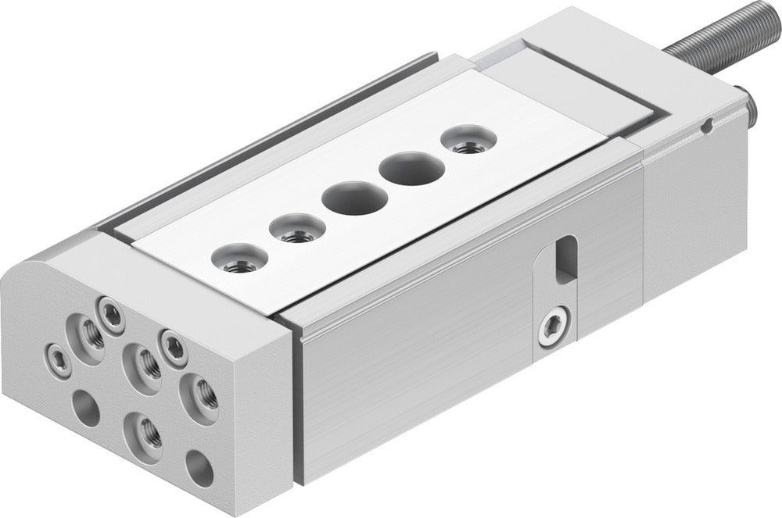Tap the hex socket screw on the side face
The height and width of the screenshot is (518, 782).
tap(553, 326)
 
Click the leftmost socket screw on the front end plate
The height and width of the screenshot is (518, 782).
tap(56, 357)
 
